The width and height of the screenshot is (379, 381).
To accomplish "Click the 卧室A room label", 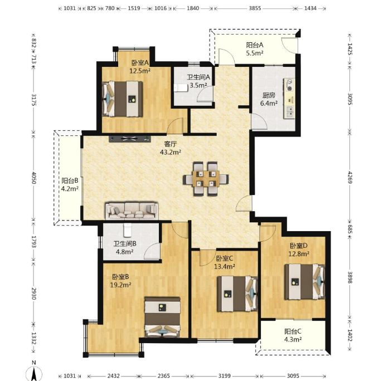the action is pyautogui.click(x=140, y=63).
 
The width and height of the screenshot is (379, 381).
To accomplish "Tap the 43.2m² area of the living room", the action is pyautogui.click(x=171, y=153).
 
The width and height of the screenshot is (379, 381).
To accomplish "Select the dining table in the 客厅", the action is pyautogui.click(x=206, y=179).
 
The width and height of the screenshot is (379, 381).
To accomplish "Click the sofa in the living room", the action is pyautogui.click(x=132, y=211).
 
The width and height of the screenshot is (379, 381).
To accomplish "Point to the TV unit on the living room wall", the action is pyautogui.click(x=130, y=139).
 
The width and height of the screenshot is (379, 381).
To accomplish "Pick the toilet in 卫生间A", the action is pyautogui.click(x=181, y=87).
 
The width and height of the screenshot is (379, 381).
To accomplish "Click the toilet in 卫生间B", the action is pyautogui.click(x=128, y=230).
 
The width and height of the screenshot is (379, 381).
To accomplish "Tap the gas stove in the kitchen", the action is pyautogui.click(x=289, y=85).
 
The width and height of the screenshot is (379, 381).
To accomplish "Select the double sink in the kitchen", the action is pyautogui.click(x=289, y=113).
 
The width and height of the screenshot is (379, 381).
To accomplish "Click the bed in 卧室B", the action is pyautogui.click(x=162, y=317).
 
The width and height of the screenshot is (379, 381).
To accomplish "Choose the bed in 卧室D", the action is pyautogui.click(x=305, y=282).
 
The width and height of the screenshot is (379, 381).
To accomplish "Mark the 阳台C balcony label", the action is pyautogui.click(x=293, y=331).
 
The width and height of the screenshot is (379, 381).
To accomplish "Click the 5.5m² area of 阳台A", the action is pyautogui.click(x=255, y=53).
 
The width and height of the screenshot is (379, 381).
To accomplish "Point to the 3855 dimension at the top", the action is pyautogui.click(x=255, y=8).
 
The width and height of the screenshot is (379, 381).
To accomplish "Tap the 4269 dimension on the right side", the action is pyautogui.click(x=349, y=177).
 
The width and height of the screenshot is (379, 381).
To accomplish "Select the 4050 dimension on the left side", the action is pyautogui.click(x=34, y=178).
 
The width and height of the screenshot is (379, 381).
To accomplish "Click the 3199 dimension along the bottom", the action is pyautogui.click(x=224, y=376).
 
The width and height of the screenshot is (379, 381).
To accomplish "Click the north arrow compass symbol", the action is pyautogui.click(x=34, y=372).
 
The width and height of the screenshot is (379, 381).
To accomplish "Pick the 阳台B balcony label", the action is pyautogui.click(x=70, y=180).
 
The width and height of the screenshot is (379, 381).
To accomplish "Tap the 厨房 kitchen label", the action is pyautogui.click(x=269, y=95).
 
